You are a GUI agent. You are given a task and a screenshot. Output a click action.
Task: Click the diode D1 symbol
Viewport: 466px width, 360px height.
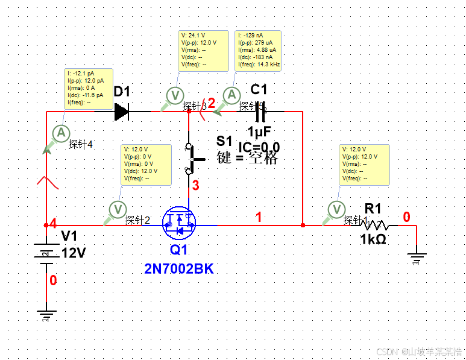[x=121, y=112]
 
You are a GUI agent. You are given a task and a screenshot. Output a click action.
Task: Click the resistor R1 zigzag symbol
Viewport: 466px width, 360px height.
[x=376, y=226]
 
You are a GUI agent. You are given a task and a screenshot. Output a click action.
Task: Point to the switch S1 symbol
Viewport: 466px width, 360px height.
[x=190, y=158]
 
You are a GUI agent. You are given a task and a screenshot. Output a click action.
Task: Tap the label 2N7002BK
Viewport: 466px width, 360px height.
[x=178, y=269]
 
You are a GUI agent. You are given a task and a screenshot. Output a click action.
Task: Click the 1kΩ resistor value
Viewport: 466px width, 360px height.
[x=373, y=240]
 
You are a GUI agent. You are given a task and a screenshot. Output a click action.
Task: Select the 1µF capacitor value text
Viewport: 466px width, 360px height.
[x=259, y=131]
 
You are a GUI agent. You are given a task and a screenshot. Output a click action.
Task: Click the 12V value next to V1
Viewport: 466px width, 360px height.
[x=74, y=253]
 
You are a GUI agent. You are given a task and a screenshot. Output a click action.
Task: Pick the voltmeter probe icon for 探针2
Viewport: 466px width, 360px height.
[x=118, y=209]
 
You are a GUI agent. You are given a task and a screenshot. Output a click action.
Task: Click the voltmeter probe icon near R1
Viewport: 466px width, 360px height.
[x=335, y=209]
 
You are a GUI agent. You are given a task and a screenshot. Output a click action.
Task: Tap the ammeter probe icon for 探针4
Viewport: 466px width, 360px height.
[x=60, y=133]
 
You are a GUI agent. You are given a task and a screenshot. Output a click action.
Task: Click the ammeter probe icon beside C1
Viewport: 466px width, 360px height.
[x=230, y=95]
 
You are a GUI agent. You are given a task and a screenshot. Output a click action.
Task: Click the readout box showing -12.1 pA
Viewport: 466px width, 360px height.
[x=88, y=88]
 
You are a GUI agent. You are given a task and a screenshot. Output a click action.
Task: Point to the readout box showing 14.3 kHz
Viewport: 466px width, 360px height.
[x=258, y=49]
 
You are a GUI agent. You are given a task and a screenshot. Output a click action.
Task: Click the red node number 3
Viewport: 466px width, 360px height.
[x=195, y=186]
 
